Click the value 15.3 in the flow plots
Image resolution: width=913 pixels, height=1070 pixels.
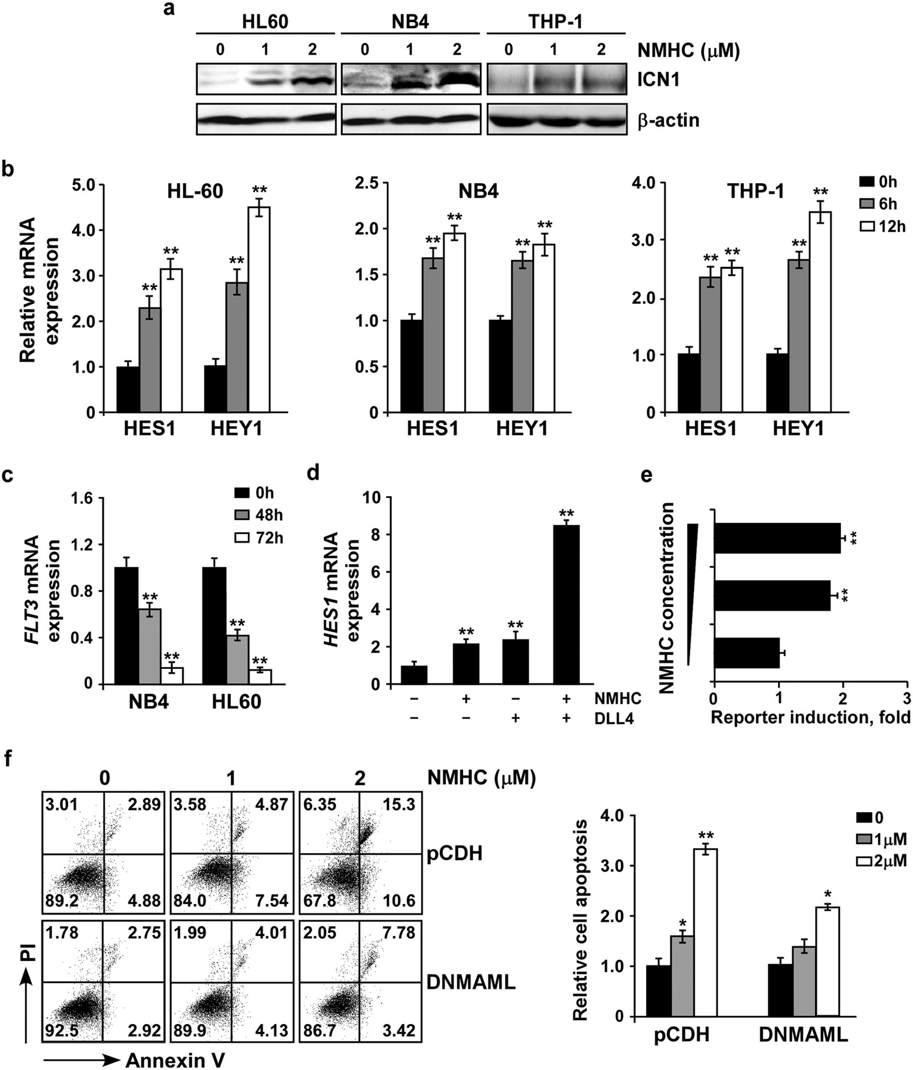(399, 806)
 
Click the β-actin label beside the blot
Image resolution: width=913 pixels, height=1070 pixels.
(668, 121)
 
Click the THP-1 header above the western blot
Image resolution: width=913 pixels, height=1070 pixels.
(555, 23)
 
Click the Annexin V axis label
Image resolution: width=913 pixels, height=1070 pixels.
(175, 1060)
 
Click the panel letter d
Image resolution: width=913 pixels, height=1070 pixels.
(313, 474)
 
